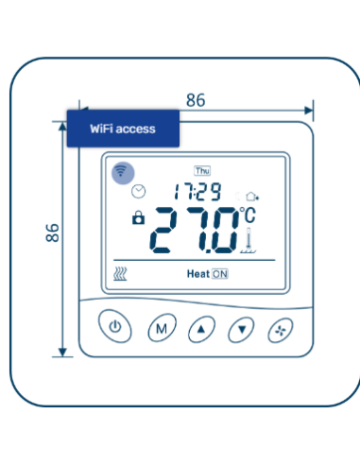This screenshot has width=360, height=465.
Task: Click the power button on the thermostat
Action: coord(114,329)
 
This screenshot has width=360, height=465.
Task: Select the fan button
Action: coord(281,329)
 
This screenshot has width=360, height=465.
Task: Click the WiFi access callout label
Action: coord(122,128)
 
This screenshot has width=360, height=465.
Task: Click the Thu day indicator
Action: coord(202,171)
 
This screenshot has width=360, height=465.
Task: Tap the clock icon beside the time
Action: coord(139,191)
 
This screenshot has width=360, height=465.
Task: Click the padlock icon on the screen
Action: coord(139,218)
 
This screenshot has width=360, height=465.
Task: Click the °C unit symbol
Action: coord(247,215)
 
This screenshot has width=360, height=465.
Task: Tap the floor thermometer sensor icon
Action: coord(249,244)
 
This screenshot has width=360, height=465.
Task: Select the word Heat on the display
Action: coord(197,274)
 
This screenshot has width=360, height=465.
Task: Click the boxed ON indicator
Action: coord(219,274)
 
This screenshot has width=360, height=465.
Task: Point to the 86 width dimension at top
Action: coord(196,100)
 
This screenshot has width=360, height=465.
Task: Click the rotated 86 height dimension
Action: coord(53,232)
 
